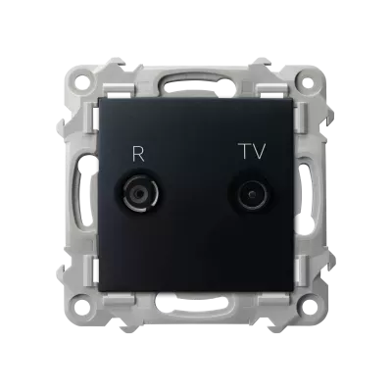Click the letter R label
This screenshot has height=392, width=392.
pos(138,155)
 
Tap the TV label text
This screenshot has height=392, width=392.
pos(254,152)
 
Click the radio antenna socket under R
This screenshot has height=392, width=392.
pos(139,194)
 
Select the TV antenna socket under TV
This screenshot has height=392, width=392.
pos(252,195)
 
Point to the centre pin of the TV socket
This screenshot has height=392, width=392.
pos(252,195)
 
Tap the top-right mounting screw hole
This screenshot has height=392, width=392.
pos(307,81)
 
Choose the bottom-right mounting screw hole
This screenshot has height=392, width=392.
pos(308,307)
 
